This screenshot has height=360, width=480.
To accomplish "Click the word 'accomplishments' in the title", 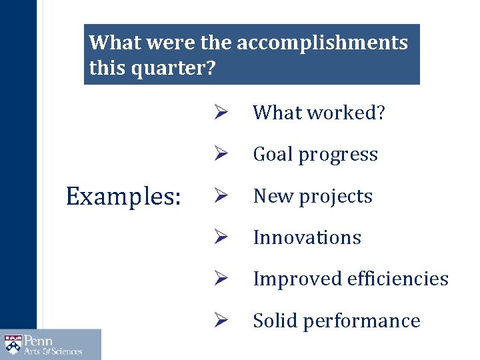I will click(322, 43).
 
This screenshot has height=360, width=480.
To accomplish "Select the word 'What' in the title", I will click(114, 43).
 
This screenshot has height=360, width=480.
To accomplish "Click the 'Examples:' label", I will click(123, 197).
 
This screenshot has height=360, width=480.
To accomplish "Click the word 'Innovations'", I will click(307, 238).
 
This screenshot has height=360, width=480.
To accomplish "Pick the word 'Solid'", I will click(275, 321).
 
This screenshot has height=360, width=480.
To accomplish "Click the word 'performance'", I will click(363, 321).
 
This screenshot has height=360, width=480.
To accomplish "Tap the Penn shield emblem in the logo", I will click(13, 344).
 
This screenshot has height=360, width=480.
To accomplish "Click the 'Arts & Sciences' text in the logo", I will click(53, 351).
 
